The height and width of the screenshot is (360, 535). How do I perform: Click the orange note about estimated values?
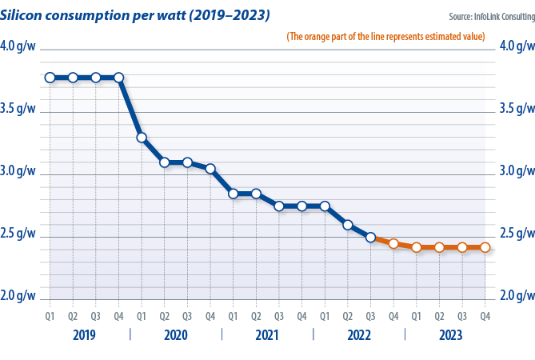coord(385,37)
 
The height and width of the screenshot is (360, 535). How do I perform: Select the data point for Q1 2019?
coord(50,78)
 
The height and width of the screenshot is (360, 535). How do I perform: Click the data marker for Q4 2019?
coord(119,78)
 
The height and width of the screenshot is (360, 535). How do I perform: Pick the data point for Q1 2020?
coord(142,138)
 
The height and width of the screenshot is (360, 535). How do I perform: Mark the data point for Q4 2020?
coord(210,169)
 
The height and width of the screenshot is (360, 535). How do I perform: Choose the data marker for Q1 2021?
coord(233,194)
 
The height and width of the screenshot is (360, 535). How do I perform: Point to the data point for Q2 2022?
coord(348,225)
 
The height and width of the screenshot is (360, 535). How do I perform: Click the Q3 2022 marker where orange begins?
coord(370,238)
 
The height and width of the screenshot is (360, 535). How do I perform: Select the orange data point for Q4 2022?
coord(393,243)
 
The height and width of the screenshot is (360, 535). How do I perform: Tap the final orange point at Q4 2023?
coord(485,247)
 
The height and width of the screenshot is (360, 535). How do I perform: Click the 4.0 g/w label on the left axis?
coord(18,46)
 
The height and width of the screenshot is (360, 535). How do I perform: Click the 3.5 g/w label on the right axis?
coord(517,109)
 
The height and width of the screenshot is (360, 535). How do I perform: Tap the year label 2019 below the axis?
coord(84,334)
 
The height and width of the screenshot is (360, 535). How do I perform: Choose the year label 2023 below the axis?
coord(450,334)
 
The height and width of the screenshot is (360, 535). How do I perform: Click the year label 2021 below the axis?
coord(267,334)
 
